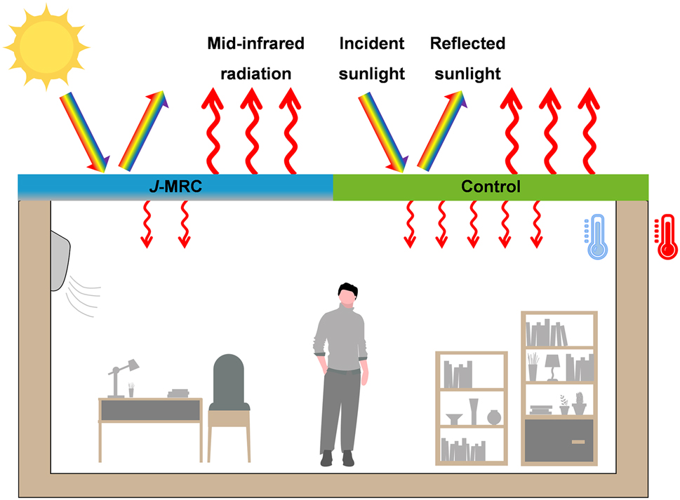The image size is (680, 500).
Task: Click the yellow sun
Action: (46, 46)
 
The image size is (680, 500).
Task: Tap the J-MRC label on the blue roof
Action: (175, 187)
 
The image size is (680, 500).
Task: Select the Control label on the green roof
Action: (491, 187)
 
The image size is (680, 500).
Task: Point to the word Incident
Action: (371, 43)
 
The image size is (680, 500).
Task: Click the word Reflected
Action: (467, 43)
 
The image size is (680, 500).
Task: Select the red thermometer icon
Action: (666, 238)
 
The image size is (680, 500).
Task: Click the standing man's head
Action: (346, 295)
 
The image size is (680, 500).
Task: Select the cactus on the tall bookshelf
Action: (579, 404)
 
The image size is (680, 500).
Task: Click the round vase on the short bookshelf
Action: (494, 417)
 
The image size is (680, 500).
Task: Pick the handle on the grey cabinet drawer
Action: (578, 442)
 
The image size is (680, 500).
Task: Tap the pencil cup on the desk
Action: (131, 391)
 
